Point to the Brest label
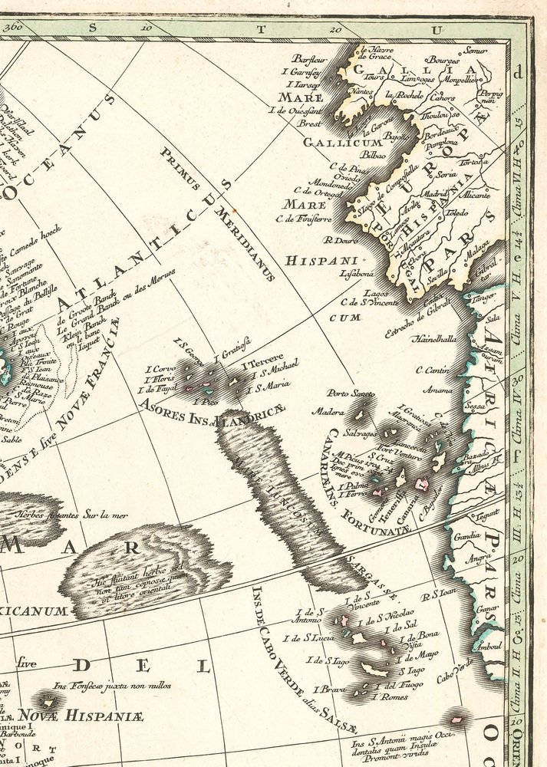(x=310, y=123)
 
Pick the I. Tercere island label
(x=263, y=357)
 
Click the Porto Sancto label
(x=348, y=393)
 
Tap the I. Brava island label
(x=331, y=689)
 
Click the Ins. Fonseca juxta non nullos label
(x=112, y=685)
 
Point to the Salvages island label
(x=360, y=433)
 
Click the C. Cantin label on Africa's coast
(x=431, y=370)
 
